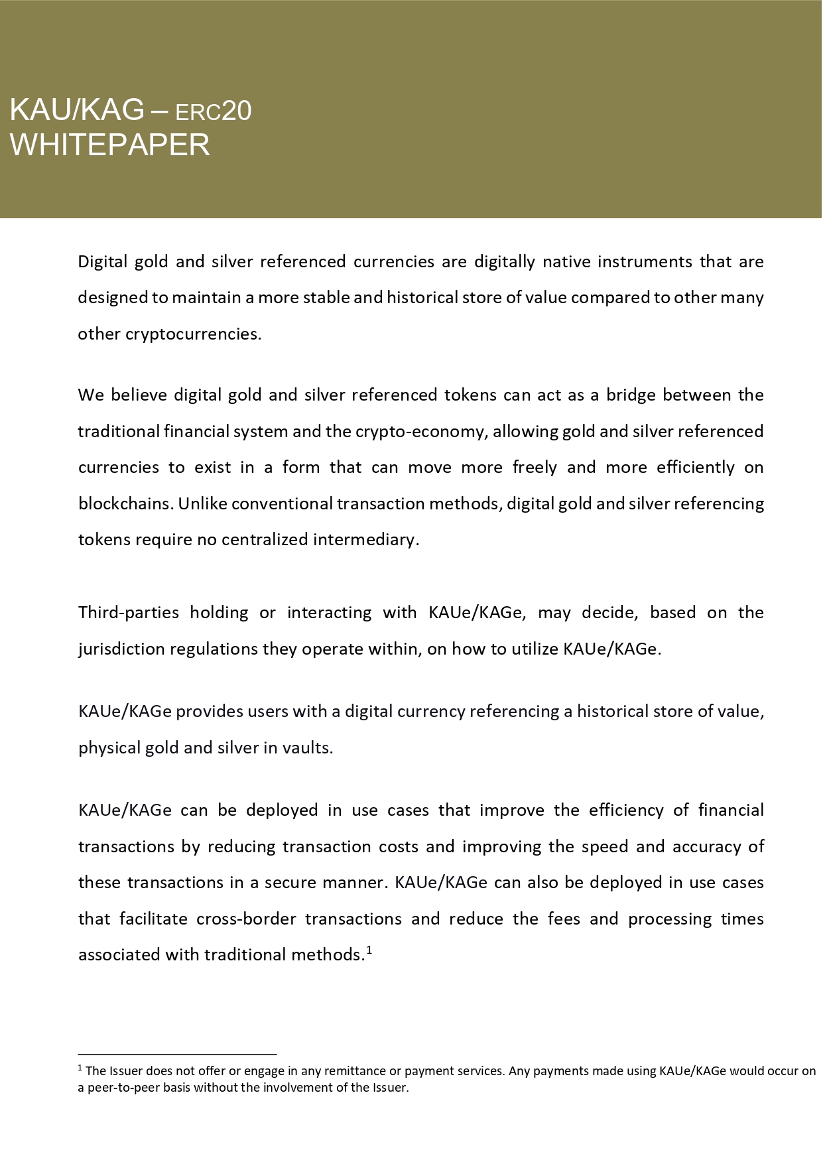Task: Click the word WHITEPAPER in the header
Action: point(110,145)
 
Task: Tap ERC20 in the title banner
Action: point(213,111)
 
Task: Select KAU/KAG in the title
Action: point(77,110)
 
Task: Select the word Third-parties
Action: point(129,612)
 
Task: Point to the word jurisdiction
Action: point(121,649)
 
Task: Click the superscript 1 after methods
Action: point(369,950)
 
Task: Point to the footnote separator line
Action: point(177,1054)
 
